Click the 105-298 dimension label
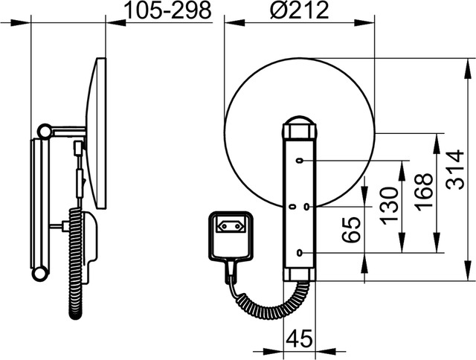click(167, 11)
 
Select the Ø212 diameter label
click(299, 10)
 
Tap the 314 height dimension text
click(456, 169)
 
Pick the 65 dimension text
click(351, 230)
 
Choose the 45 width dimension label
click(299, 338)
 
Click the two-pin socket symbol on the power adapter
click(230, 226)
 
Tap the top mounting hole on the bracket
click(300, 160)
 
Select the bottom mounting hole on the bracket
click(300, 253)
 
